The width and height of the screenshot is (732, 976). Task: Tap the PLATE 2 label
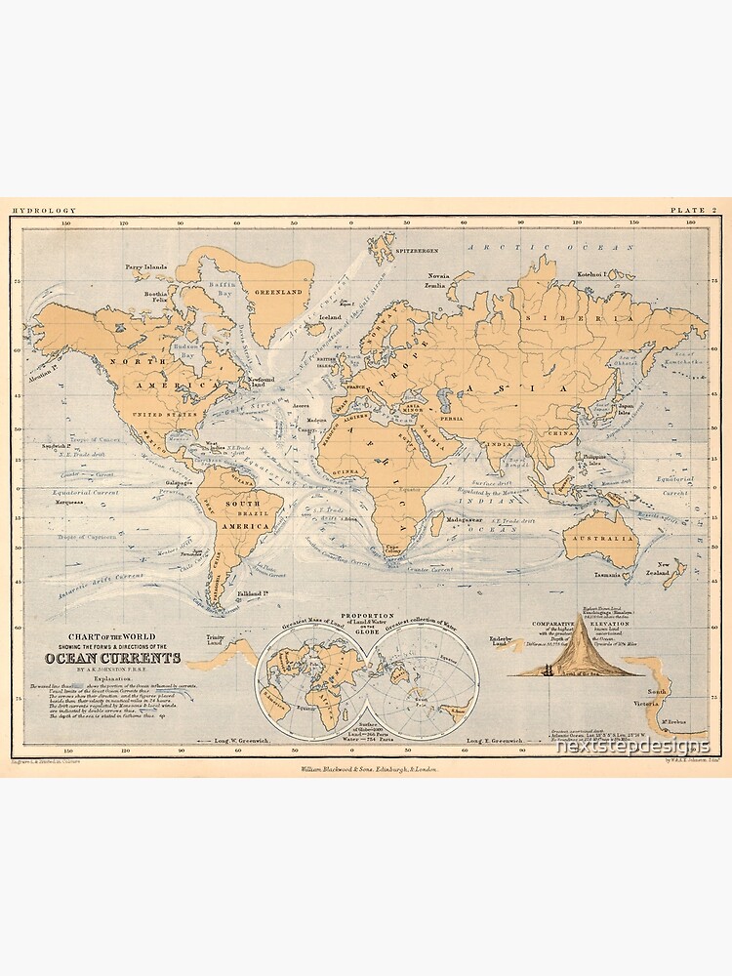pyautogui.click(x=694, y=210)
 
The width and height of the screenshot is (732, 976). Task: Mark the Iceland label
pyautogui.click(x=330, y=317)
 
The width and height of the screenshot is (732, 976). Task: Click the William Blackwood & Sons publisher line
pyautogui.click(x=366, y=769)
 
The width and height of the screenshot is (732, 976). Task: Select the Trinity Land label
pyautogui.click(x=216, y=641)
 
